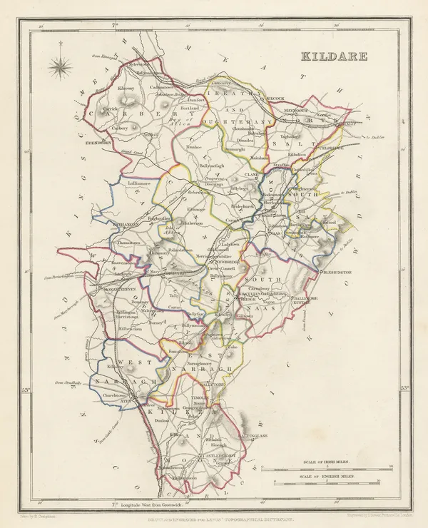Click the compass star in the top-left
pyautogui.click(x=61, y=68)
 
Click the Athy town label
pyautogui.click(x=126, y=402)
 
